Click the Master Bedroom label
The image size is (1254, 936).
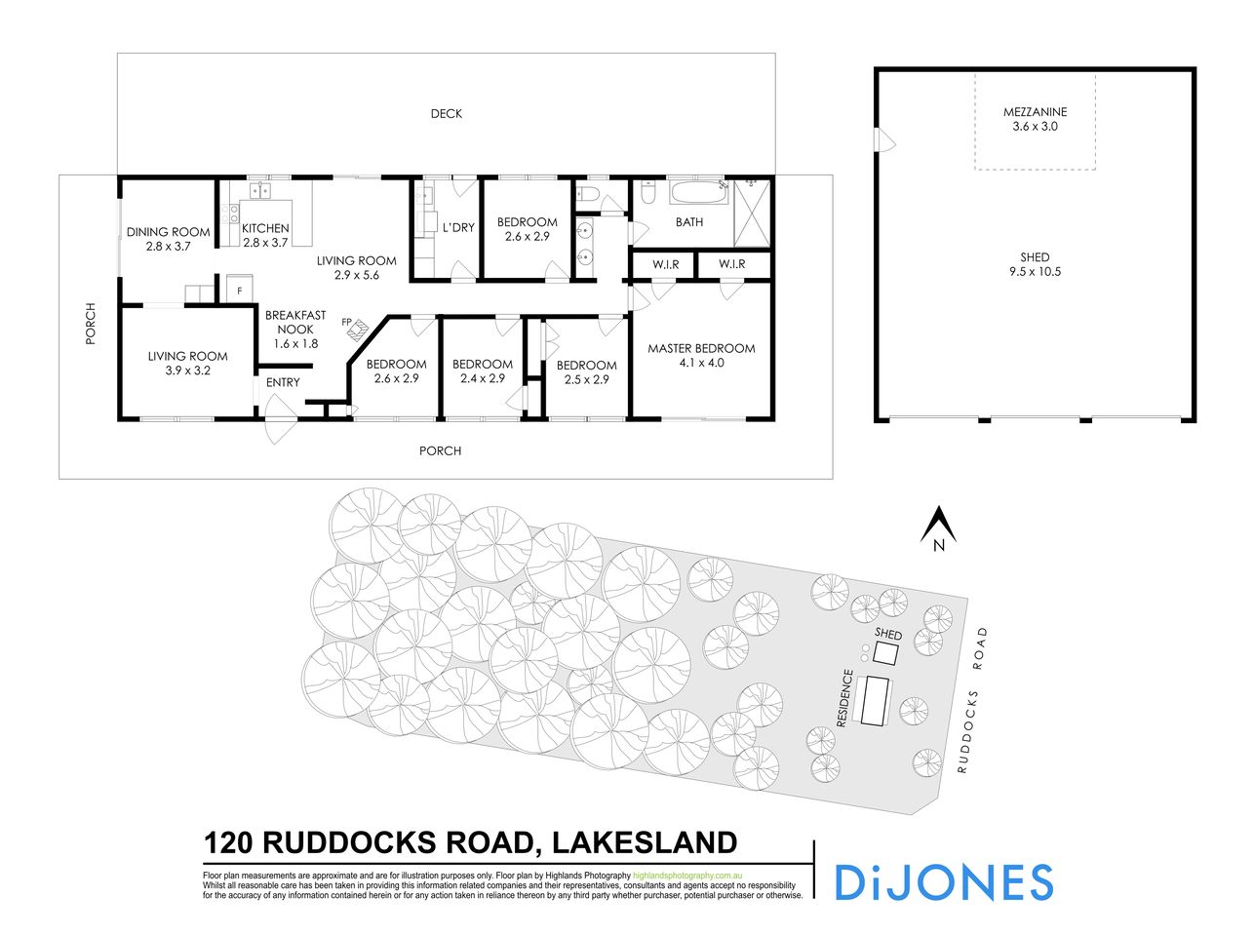[701, 348]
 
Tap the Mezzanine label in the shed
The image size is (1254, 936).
[1035, 112]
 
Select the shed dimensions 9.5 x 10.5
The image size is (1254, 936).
[1035, 272]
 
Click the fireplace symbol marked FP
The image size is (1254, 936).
[356, 330]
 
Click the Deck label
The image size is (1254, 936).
[447, 114]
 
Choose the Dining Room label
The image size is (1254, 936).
[168, 232]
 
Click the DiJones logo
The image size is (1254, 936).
[943, 882]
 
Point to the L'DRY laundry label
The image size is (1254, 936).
[458, 227]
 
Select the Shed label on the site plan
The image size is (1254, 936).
[888, 635]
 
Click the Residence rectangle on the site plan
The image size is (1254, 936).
[874, 700]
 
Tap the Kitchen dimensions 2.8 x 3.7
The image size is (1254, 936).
[265, 243]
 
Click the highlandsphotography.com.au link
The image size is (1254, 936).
[688, 876]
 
